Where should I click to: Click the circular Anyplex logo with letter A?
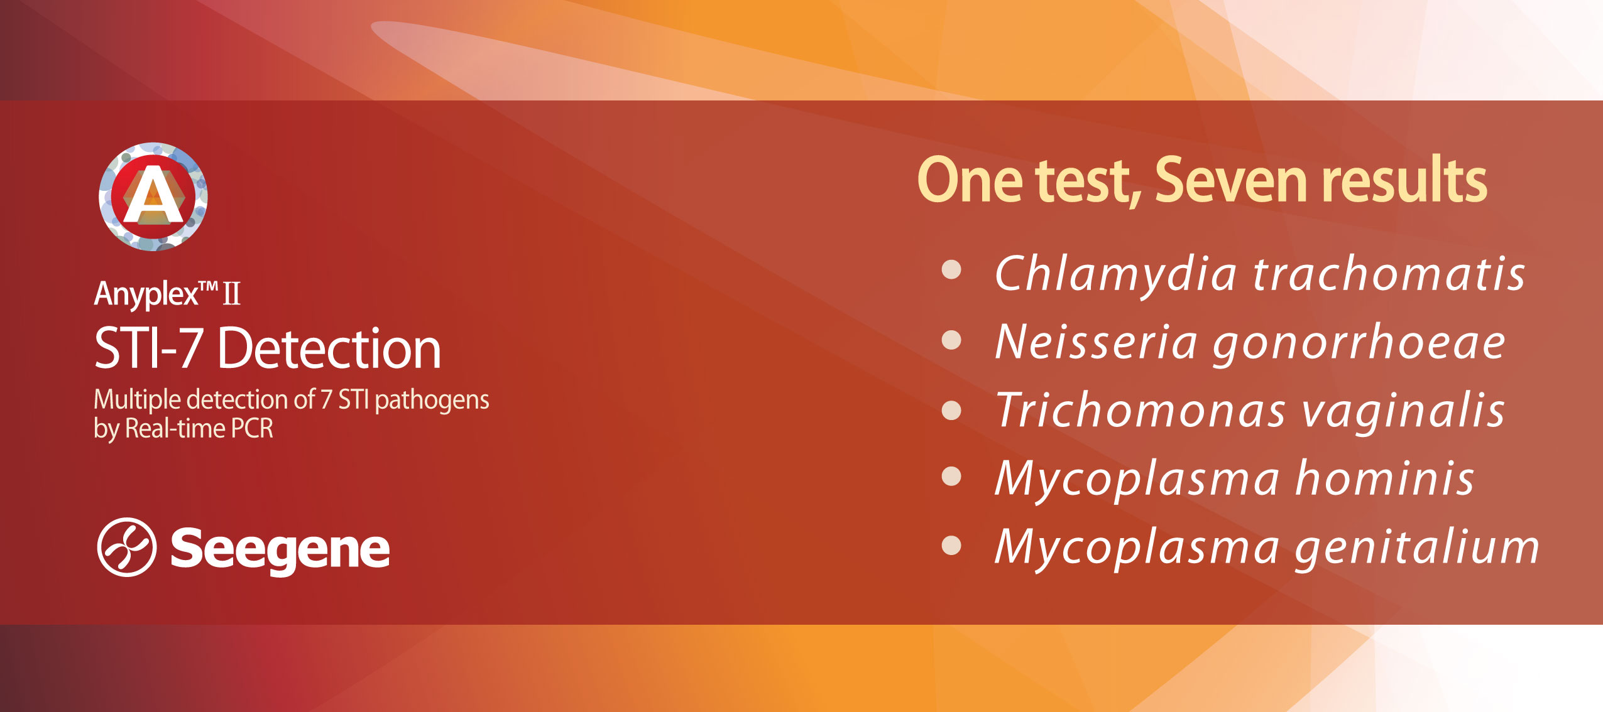tap(153, 197)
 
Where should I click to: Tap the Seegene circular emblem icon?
tap(126, 547)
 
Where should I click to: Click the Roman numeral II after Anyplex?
tap(232, 293)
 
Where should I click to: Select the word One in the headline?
tap(970, 181)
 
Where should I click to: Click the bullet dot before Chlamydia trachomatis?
tap(952, 270)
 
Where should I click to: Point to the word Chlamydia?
tap(1116, 274)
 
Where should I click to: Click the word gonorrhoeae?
tap(1359, 343)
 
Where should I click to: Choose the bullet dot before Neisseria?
tap(952, 340)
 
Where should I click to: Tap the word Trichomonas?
tap(1140, 411)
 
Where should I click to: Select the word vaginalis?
tap(1403, 412)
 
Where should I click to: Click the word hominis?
tap(1385, 478)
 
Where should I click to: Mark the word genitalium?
tap(1417, 547)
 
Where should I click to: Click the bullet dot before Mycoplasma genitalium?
tap(952, 545)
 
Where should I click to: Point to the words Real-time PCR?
tap(199, 428)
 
